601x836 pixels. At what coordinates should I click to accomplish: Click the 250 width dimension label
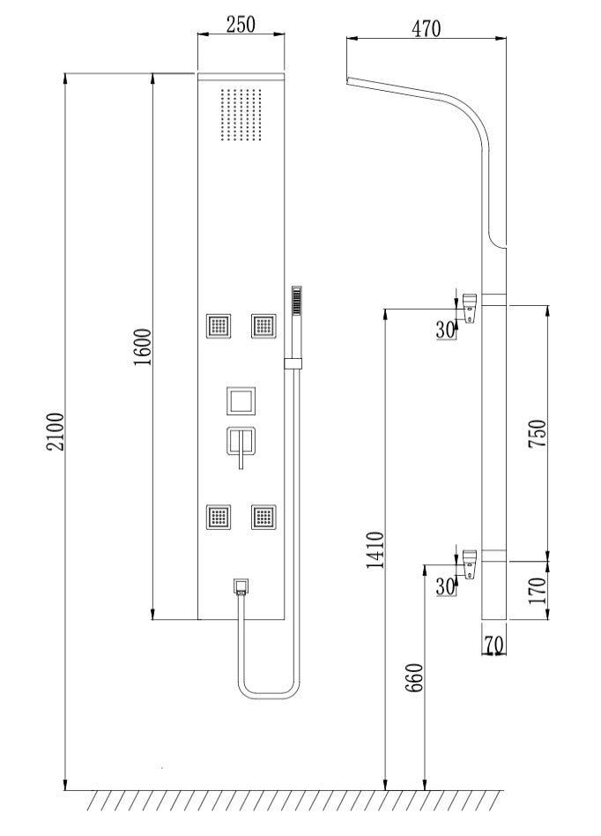click(x=240, y=25)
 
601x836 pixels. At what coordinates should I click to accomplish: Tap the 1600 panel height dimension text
click(x=144, y=347)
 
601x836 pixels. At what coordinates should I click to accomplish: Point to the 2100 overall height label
click(x=55, y=431)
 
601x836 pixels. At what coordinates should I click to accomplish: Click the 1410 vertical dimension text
click(x=375, y=550)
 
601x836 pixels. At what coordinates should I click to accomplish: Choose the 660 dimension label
click(x=417, y=677)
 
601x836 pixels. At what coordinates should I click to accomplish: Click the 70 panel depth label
click(x=493, y=646)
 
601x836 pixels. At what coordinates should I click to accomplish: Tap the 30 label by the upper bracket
click(x=446, y=330)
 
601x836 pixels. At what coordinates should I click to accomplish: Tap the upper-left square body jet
click(x=218, y=326)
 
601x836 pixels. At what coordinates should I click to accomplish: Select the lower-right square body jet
click(x=263, y=516)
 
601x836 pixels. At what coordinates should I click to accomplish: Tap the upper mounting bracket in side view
click(x=471, y=307)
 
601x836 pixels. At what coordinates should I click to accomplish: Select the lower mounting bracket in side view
click(x=471, y=562)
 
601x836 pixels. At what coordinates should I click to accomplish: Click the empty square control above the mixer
click(x=241, y=401)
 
